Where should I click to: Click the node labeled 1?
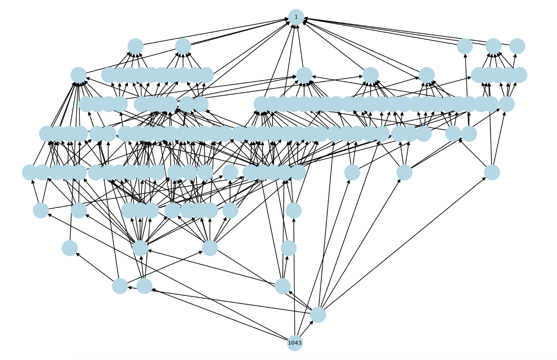coord(296,17)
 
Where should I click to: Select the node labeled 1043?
coord(295,343)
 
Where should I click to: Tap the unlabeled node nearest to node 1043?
coord(318,314)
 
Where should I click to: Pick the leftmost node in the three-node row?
coord(120,286)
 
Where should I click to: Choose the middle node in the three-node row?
coord(144,286)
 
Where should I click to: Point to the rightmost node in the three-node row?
coord(282,286)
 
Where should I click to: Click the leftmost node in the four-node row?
coord(70,248)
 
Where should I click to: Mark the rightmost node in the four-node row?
coord(289,248)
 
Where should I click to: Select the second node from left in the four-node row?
coord(140,248)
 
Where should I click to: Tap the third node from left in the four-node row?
coord(210,248)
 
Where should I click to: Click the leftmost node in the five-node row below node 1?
coord(136,46)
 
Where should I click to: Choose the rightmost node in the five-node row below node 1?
coord(517,46)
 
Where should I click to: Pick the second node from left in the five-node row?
coord(183,46)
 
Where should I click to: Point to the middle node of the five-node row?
coord(465,46)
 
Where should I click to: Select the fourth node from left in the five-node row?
coord(493,46)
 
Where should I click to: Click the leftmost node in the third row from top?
coord(79,75)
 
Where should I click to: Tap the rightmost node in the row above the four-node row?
coord(294,210)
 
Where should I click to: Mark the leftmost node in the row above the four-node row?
coord(41,210)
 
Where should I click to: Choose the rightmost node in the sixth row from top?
coord(492,172)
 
